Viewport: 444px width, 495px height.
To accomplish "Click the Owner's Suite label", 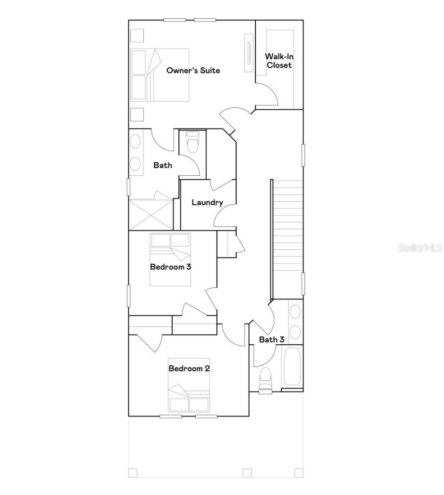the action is (x=193, y=70).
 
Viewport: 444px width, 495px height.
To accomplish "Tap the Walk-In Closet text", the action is (x=279, y=61).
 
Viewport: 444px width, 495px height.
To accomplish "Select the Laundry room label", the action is (x=207, y=202).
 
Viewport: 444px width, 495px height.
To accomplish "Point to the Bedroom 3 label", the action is (x=170, y=267).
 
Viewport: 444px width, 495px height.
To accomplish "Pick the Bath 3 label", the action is (x=272, y=339).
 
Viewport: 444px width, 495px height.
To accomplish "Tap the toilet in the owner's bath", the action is (x=193, y=142).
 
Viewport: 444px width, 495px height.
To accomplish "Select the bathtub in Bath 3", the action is (x=292, y=366).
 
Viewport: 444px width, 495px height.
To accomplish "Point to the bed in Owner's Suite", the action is (x=160, y=75).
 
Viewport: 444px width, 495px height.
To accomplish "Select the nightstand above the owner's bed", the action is (x=137, y=36).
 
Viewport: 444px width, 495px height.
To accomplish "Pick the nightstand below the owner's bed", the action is (x=137, y=114).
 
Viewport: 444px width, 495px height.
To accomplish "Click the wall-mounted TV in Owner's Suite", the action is (x=249, y=53).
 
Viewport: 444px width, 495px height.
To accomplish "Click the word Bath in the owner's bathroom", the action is (x=163, y=166).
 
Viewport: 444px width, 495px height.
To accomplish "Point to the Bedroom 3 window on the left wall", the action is (x=128, y=296).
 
